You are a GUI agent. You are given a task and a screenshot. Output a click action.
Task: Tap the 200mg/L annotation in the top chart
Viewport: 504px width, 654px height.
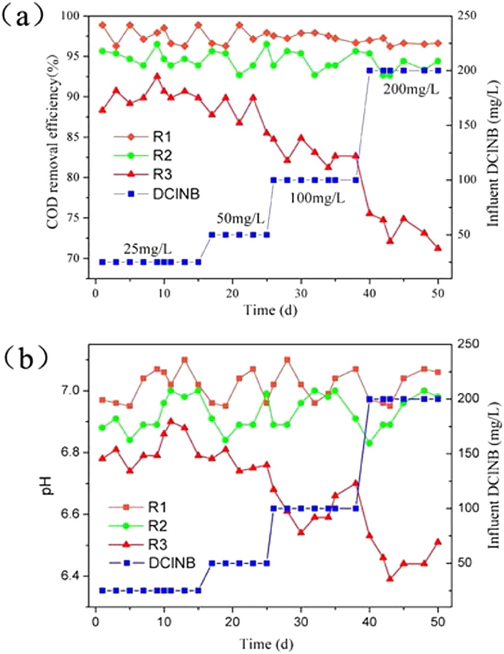click(x=410, y=89)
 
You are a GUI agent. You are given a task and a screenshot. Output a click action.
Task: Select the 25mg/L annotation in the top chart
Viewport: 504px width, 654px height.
click(x=148, y=250)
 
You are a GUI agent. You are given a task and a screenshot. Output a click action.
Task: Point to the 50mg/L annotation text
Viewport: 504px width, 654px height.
click(x=240, y=219)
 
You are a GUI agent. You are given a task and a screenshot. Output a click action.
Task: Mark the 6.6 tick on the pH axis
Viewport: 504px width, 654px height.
click(x=75, y=514)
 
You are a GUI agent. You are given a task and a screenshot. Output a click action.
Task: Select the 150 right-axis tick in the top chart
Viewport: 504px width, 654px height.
click(x=466, y=125)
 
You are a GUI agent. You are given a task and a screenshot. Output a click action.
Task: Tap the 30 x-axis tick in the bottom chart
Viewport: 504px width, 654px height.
click(x=301, y=622)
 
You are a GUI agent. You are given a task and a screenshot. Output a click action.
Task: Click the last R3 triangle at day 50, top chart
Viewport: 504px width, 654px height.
click(x=438, y=248)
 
